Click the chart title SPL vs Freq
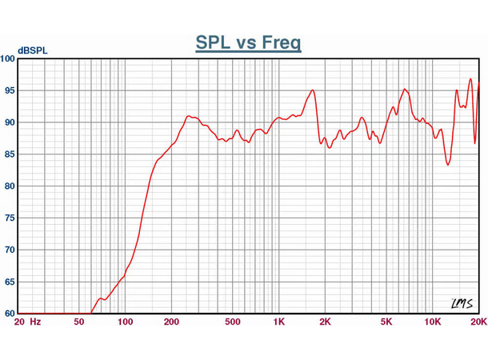248,42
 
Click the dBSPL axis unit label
32,51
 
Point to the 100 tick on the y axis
7,59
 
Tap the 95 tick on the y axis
9,91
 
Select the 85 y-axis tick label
9,154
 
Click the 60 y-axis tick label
9,314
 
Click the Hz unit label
35,322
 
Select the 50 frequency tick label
78,322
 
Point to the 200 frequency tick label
171,322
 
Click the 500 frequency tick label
233,322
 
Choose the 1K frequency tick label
278,322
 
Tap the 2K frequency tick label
325,322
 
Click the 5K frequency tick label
386,322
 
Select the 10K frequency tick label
432,322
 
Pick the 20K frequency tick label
478,322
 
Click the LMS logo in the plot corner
462,303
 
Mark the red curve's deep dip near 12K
449,164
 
